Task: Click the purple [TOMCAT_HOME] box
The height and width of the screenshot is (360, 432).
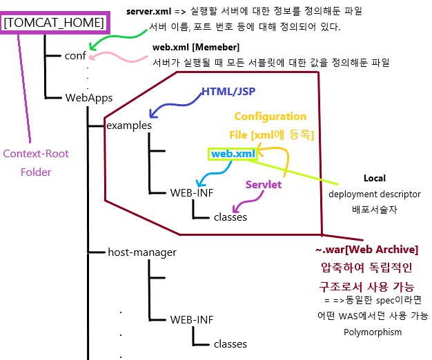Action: [x=54, y=23]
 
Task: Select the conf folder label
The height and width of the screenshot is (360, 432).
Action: [x=75, y=56]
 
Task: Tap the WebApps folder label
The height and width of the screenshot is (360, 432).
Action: [x=89, y=98]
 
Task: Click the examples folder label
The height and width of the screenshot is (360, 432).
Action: [x=129, y=125]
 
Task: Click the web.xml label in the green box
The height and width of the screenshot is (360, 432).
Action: [x=233, y=153]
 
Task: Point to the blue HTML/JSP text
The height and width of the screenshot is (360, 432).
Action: [x=224, y=92]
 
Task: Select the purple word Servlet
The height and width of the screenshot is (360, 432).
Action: [x=264, y=184]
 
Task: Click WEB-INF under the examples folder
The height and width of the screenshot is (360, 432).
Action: [x=192, y=192]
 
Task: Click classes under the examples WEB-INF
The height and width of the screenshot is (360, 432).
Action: [x=230, y=217]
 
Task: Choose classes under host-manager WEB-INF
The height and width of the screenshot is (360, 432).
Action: [x=230, y=343]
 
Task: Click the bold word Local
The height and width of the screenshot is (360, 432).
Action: [x=375, y=179]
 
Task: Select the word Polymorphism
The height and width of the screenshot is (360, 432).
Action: [x=373, y=332]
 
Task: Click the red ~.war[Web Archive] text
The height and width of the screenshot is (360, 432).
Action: [x=366, y=249]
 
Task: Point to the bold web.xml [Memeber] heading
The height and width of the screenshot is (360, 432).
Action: [x=196, y=48]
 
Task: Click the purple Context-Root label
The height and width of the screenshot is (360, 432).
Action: [x=36, y=154]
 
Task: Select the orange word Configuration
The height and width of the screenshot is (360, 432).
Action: [x=271, y=117]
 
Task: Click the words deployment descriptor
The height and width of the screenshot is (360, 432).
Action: [x=374, y=194]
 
